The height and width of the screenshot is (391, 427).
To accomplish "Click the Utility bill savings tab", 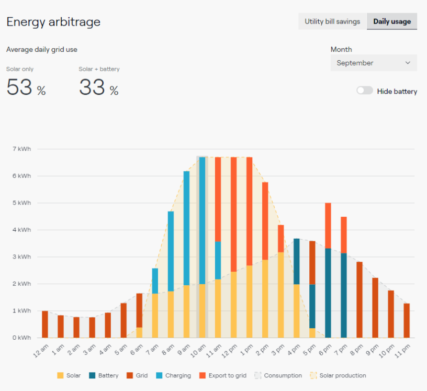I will [x=332, y=21].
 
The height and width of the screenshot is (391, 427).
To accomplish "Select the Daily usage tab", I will [x=392, y=21].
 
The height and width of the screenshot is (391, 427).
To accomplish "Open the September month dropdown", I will [x=374, y=63].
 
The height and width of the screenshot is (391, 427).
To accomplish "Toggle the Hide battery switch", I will [x=365, y=91].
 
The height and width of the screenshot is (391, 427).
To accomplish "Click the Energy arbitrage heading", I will [x=53, y=22].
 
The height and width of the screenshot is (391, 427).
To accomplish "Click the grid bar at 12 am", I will [x=45, y=324].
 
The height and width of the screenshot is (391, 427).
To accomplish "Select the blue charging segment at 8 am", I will [x=171, y=251].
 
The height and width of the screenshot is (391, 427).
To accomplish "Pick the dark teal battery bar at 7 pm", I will [x=343, y=295].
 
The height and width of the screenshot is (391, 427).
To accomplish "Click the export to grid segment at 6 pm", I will [x=328, y=226].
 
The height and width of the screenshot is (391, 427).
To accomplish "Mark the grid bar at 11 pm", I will [x=406, y=320].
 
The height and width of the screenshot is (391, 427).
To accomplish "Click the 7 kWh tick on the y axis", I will [x=21, y=149].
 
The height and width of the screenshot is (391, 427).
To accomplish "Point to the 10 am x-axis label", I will [x=197, y=352].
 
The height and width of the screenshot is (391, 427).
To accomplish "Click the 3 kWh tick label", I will [x=21, y=257].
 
